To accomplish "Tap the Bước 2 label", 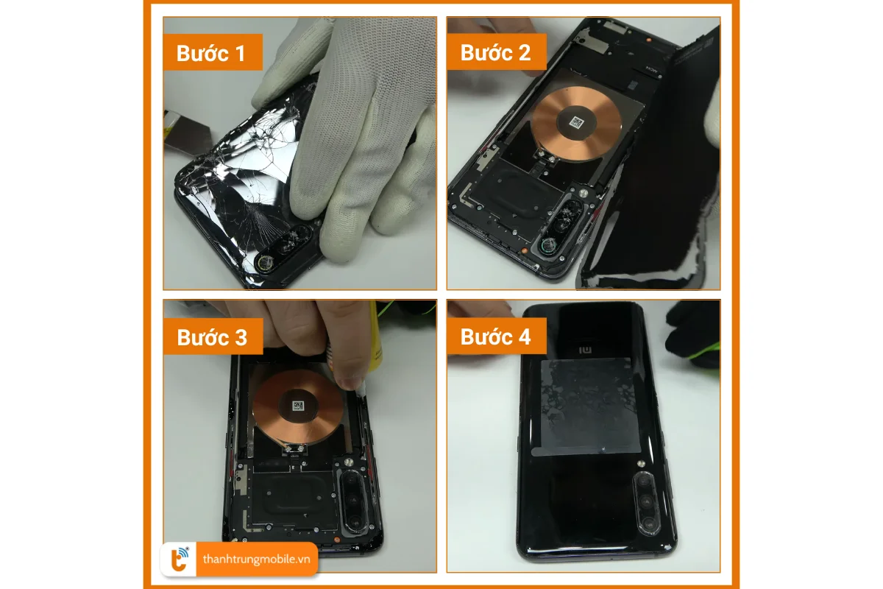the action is tap(495, 53).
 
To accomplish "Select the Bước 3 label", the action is tap(212, 337).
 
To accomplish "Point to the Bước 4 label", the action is tap(495, 337).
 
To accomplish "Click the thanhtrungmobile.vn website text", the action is tap(257, 559).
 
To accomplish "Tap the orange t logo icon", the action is tap(180, 559).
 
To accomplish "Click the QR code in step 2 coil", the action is tap(576, 123).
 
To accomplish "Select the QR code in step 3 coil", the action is tap(298, 406).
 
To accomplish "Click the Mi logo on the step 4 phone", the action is tap(586, 350).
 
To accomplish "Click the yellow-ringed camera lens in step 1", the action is tap(264, 262).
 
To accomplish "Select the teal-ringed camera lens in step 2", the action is tap(547, 245).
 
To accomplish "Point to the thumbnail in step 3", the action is tap(352, 379).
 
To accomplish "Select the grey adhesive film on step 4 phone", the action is tap(586, 407).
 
